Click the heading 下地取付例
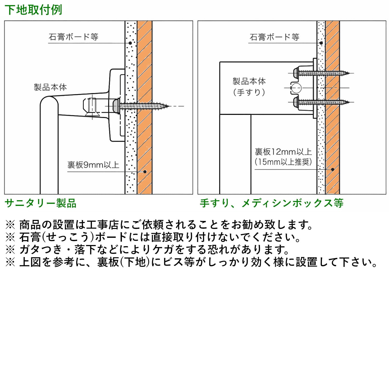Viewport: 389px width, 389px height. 33,10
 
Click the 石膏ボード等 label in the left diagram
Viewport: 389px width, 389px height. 73,37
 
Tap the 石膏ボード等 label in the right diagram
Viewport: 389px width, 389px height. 274,37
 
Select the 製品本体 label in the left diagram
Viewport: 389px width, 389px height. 50,87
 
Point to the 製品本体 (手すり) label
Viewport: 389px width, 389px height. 249,87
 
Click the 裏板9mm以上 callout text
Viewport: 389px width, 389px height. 93,165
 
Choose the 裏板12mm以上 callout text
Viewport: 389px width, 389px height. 283,152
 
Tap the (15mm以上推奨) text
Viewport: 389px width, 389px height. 283,162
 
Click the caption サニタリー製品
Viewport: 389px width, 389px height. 41,203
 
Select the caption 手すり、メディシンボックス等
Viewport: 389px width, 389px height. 272,203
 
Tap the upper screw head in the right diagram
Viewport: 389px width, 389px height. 296,73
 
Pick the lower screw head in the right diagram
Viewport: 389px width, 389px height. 296,102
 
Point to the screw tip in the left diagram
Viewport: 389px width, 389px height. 167,106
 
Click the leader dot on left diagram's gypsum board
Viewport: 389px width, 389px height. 130,43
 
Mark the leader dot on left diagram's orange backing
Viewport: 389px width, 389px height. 145,172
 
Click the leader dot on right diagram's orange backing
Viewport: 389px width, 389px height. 332,170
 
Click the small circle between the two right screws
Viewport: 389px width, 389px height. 296,88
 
